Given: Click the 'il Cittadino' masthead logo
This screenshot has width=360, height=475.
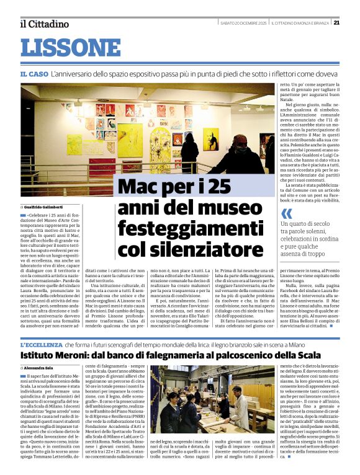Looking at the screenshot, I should pyautogui.click(x=44, y=24).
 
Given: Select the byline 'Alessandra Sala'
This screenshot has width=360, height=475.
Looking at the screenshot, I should pyautogui.click(x=38, y=368).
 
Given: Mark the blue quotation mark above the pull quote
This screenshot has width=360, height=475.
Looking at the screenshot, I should pyautogui.click(x=286, y=214).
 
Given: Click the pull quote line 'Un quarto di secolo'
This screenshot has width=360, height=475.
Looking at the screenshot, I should pyautogui.click(x=305, y=224).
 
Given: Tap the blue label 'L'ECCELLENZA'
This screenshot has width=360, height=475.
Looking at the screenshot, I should pyautogui.click(x=38, y=345).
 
